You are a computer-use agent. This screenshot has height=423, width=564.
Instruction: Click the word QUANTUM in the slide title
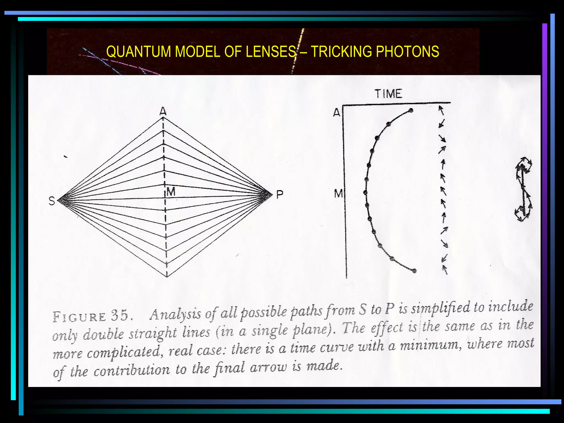click(139, 52)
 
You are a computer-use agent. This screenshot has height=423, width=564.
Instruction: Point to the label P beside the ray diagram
click(280, 195)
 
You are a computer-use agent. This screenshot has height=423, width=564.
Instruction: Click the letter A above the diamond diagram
click(163, 112)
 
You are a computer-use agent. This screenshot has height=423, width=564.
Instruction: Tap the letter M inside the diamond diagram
click(171, 192)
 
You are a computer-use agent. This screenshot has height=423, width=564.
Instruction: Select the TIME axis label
click(389, 94)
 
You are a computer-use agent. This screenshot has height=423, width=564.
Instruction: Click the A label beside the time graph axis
click(337, 113)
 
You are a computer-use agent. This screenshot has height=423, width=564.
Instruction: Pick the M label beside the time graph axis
click(338, 194)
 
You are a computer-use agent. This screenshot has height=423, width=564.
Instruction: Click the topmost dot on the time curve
click(411, 110)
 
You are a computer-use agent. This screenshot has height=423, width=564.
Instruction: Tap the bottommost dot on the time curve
click(414, 271)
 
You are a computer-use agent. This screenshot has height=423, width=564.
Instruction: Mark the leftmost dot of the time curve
click(365, 192)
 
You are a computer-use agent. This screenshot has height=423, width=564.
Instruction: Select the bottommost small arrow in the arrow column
click(444, 270)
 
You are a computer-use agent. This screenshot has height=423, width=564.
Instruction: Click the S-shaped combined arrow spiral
click(524, 189)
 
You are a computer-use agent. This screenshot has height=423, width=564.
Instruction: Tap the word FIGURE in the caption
click(79, 317)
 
